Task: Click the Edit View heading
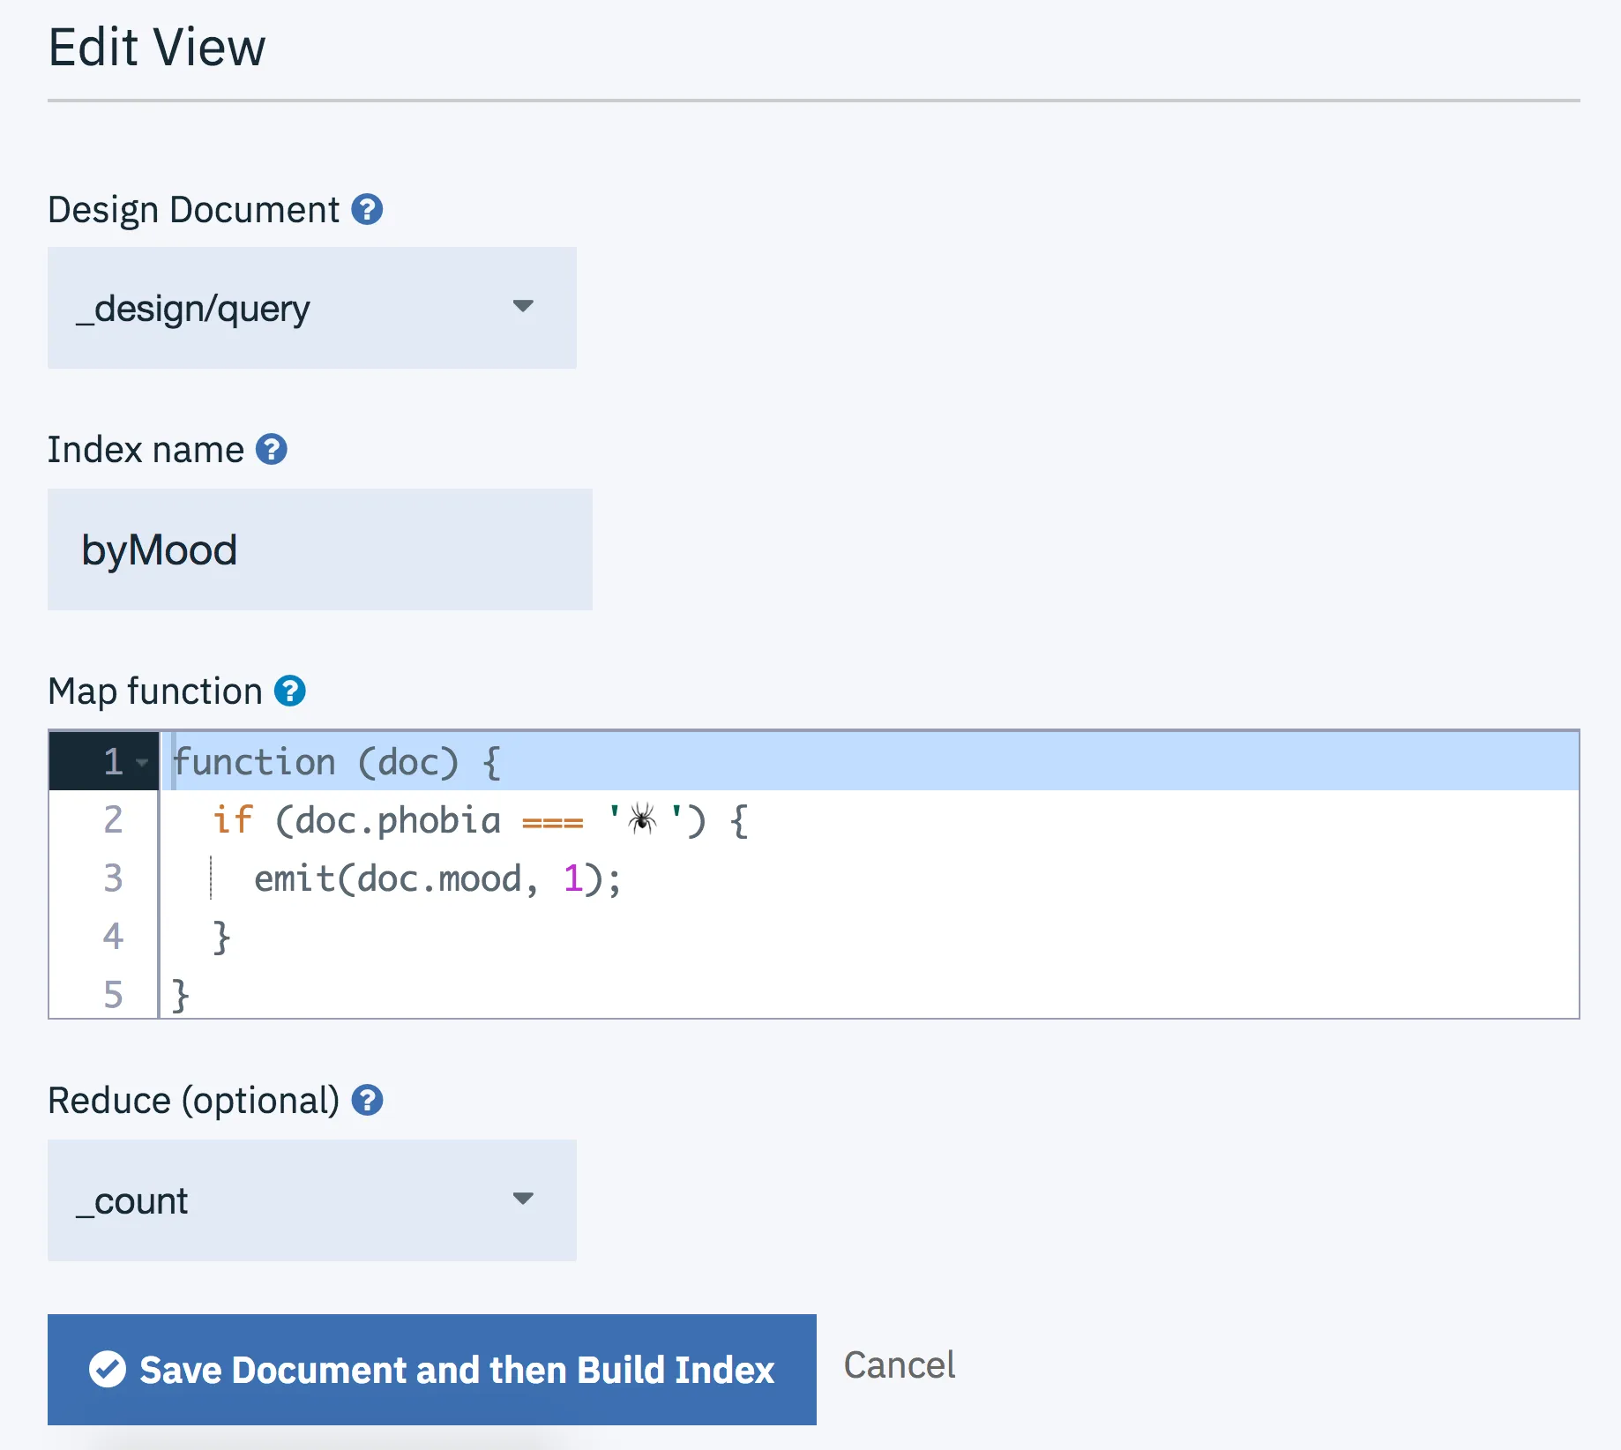click(157, 47)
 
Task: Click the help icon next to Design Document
click(367, 210)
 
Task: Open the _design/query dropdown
click(312, 308)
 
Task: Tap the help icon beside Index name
click(272, 450)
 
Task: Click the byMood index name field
click(320, 549)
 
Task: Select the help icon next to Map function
click(290, 691)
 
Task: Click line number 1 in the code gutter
click(113, 762)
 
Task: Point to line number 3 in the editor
click(113, 878)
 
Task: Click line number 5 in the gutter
click(113, 995)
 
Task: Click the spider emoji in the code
click(642, 819)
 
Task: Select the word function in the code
click(254, 762)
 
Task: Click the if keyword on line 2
click(233, 820)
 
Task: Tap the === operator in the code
click(553, 823)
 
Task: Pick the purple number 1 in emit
click(573, 878)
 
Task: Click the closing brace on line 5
click(181, 996)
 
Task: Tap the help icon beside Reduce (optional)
click(367, 1101)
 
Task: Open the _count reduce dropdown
click(312, 1200)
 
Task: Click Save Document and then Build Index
click(432, 1370)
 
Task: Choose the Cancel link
click(900, 1365)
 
